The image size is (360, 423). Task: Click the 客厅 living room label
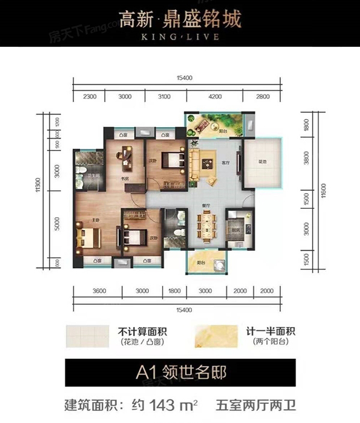click(x=226, y=163)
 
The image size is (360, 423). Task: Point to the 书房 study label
click(x=127, y=178)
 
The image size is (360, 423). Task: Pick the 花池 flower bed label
click(x=262, y=162)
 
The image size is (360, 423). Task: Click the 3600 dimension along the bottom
click(x=99, y=291)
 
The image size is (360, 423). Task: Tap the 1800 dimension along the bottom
click(x=174, y=291)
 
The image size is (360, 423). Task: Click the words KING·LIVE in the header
click(x=180, y=36)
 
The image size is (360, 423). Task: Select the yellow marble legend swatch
click(x=218, y=335)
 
